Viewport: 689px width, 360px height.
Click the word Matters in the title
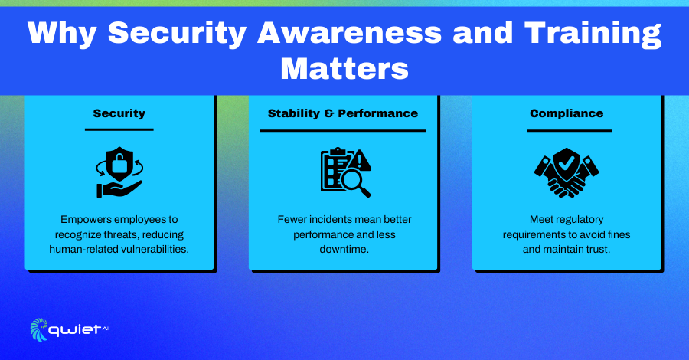pos(344,69)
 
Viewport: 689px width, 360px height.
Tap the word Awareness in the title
pos(349,33)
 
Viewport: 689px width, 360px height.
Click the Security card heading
pos(119,113)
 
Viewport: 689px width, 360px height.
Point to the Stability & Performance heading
pos(343,113)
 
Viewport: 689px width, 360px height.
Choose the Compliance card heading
pos(567,113)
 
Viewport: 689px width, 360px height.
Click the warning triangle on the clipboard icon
pos(361,160)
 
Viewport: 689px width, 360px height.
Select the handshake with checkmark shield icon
pos(567,173)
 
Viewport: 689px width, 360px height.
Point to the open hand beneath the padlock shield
pos(119,188)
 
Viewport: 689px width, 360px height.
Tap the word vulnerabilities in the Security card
pos(155,249)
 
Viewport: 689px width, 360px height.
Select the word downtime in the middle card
pos(343,249)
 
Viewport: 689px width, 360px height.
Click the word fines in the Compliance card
pos(619,234)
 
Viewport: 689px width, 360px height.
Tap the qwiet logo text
pos(75,329)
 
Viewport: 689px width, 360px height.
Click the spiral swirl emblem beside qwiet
pos(39,329)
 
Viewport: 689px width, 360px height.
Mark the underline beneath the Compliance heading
pos(570,130)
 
